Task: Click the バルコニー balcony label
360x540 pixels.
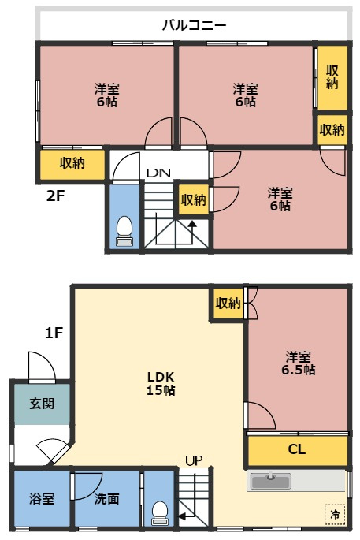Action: (194, 24)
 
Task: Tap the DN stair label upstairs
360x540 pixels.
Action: (158, 173)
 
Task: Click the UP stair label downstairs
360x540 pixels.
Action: (194, 460)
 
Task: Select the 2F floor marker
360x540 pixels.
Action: (55, 196)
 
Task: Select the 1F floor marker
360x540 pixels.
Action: (54, 333)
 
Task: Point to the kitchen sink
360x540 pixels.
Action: (271, 481)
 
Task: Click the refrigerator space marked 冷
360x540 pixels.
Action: (335, 514)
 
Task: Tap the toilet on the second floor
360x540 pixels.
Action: (124, 231)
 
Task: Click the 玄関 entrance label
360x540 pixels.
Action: (42, 404)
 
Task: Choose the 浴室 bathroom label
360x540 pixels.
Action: (42, 498)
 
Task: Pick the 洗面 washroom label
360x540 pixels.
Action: (106, 498)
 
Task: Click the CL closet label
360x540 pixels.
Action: (296, 449)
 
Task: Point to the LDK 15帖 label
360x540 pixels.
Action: (161, 383)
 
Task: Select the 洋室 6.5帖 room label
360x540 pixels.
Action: (298, 363)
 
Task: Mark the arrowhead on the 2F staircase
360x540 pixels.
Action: (192, 224)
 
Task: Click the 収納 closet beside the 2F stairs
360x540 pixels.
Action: (194, 199)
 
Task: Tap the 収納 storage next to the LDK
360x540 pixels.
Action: (228, 303)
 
